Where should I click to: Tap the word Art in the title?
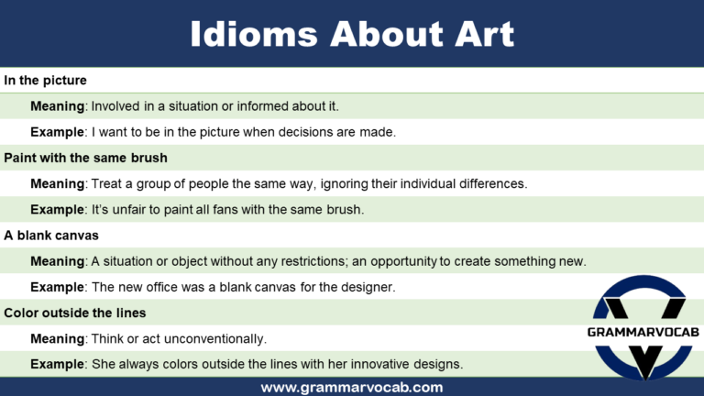[x=477, y=35]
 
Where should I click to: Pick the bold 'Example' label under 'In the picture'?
[x=58, y=132]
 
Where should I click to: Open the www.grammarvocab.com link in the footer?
[x=352, y=387]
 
